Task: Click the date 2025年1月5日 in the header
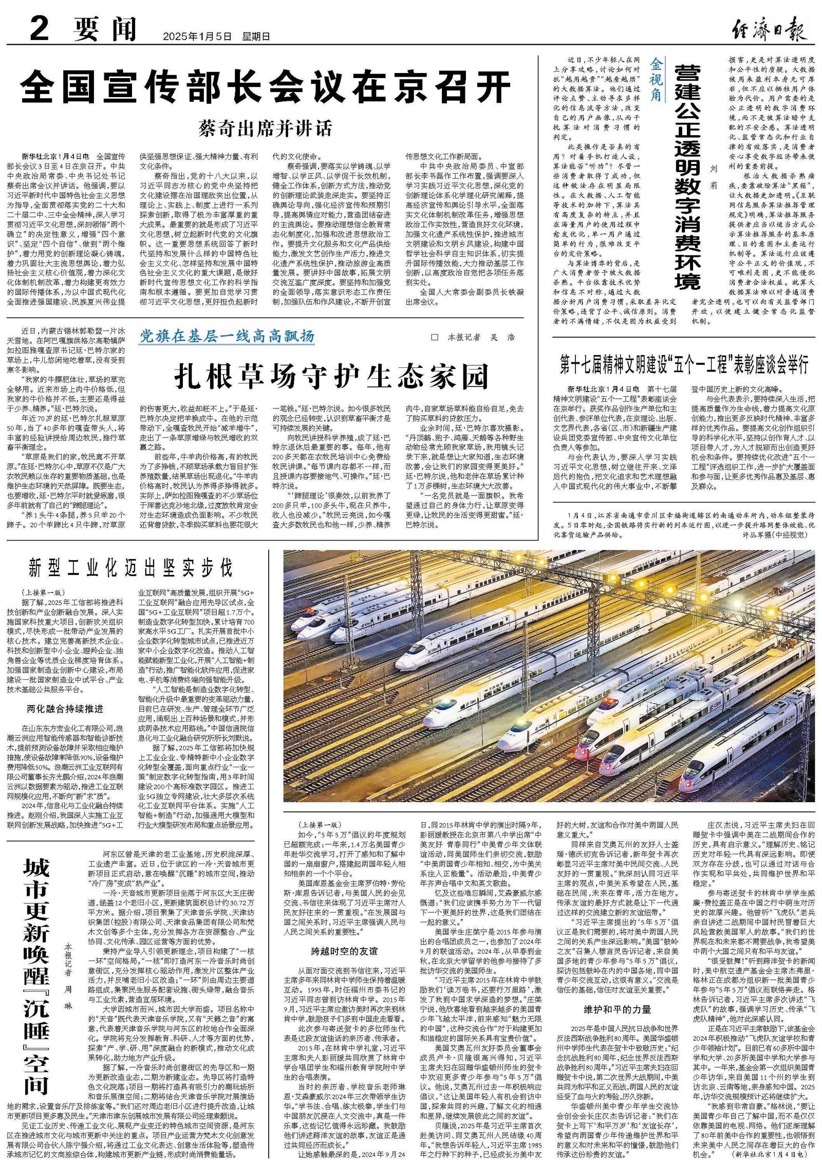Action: (x=197, y=36)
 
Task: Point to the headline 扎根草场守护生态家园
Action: (x=331, y=377)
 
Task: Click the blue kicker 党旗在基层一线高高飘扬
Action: (x=228, y=337)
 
